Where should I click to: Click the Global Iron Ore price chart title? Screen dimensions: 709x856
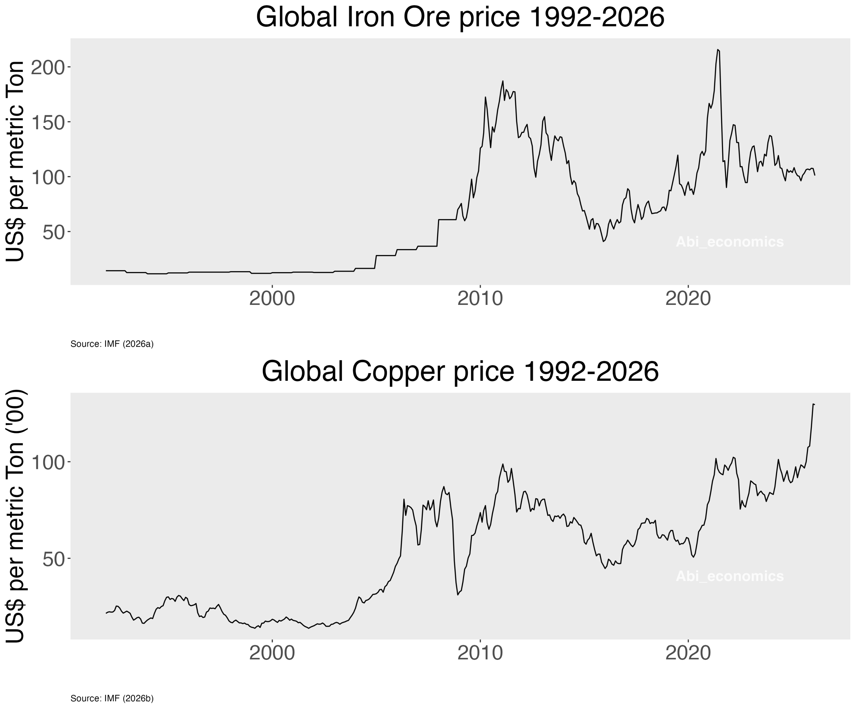[x=460, y=17]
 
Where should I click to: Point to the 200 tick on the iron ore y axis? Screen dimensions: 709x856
[x=48, y=67]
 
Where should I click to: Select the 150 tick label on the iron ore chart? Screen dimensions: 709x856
[x=48, y=122]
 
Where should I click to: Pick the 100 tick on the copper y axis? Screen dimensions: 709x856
[x=48, y=462]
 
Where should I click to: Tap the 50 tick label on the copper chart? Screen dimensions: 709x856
[x=54, y=559]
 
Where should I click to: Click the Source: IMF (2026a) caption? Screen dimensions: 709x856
[x=112, y=344]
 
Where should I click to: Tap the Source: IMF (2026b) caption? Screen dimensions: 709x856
[x=112, y=698]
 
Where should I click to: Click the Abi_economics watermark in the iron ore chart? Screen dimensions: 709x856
[x=730, y=242]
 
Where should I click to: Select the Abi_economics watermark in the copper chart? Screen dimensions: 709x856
[x=730, y=576]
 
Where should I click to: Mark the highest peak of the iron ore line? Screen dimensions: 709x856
[x=718, y=50]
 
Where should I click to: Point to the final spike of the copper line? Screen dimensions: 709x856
[x=813, y=404]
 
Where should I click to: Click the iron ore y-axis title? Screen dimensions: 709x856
[x=15, y=161]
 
